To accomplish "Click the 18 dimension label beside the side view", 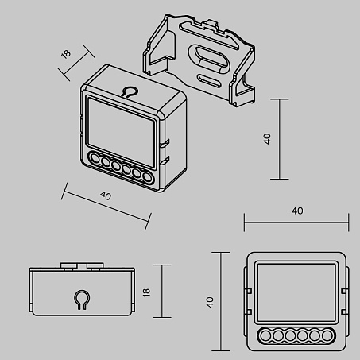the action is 146,292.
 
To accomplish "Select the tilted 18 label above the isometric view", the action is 66,54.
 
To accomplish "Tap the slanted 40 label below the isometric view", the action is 106,195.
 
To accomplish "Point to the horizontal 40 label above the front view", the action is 297,211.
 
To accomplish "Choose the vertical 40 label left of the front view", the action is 210,302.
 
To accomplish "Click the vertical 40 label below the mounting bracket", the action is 267,139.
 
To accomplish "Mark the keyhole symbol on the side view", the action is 81,300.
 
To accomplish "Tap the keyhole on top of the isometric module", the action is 130,92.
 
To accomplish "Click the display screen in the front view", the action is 296,292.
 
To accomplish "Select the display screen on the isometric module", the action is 121,133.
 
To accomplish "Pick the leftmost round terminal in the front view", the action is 265,336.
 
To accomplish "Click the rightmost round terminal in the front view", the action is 327,336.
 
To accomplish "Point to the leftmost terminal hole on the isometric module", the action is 94,158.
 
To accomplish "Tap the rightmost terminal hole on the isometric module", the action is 147,177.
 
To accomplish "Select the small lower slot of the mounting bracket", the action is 209,80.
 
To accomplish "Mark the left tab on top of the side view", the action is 68,265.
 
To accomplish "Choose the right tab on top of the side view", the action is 95,265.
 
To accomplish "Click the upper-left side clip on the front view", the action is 249,291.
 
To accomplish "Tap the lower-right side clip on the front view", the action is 344,312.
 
